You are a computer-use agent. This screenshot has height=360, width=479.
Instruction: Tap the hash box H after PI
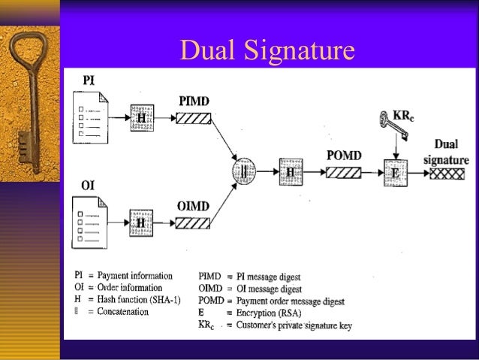[x=141, y=118]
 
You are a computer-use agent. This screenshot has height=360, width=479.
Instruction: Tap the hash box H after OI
[x=141, y=223]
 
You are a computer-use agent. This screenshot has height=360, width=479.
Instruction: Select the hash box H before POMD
[x=290, y=172]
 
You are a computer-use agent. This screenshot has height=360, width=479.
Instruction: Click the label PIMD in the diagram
[x=194, y=100]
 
